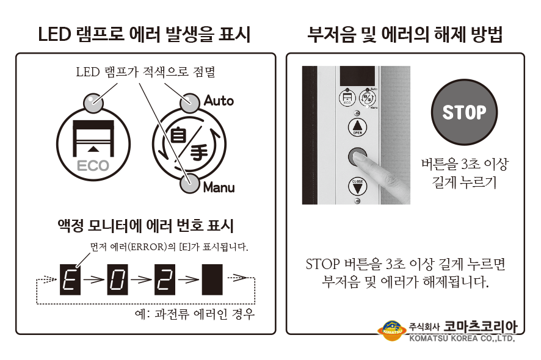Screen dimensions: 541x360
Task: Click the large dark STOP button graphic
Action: click(x=464, y=112)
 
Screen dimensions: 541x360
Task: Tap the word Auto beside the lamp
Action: click(x=219, y=101)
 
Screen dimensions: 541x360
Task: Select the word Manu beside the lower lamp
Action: click(x=219, y=187)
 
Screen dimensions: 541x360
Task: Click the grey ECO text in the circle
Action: click(x=93, y=166)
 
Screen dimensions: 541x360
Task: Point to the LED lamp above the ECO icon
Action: click(x=93, y=103)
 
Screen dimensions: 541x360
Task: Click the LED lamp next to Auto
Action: click(x=190, y=103)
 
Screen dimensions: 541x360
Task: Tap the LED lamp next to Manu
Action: click(x=190, y=183)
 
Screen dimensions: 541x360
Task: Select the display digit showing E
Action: click(x=70, y=279)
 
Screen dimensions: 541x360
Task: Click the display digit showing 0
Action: click(x=117, y=279)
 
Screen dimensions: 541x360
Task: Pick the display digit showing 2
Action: click(x=165, y=279)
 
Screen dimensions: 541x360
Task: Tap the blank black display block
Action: click(x=212, y=279)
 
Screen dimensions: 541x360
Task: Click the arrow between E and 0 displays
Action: click(x=94, y=279)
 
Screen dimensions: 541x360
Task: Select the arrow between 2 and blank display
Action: click(x=189, y=279)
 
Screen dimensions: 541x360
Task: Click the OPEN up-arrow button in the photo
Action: click(x=357, y=126)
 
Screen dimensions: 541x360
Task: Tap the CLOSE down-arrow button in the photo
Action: click(x=357, y=187)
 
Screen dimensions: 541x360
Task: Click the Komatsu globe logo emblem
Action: click(x=392, y=331)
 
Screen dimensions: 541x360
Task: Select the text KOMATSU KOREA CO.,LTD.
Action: click(x=462, y=338)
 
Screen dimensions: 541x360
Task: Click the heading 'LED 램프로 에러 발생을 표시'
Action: click(x=144, y=35)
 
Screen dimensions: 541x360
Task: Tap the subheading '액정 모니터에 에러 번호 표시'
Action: click(x=145, y=226)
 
